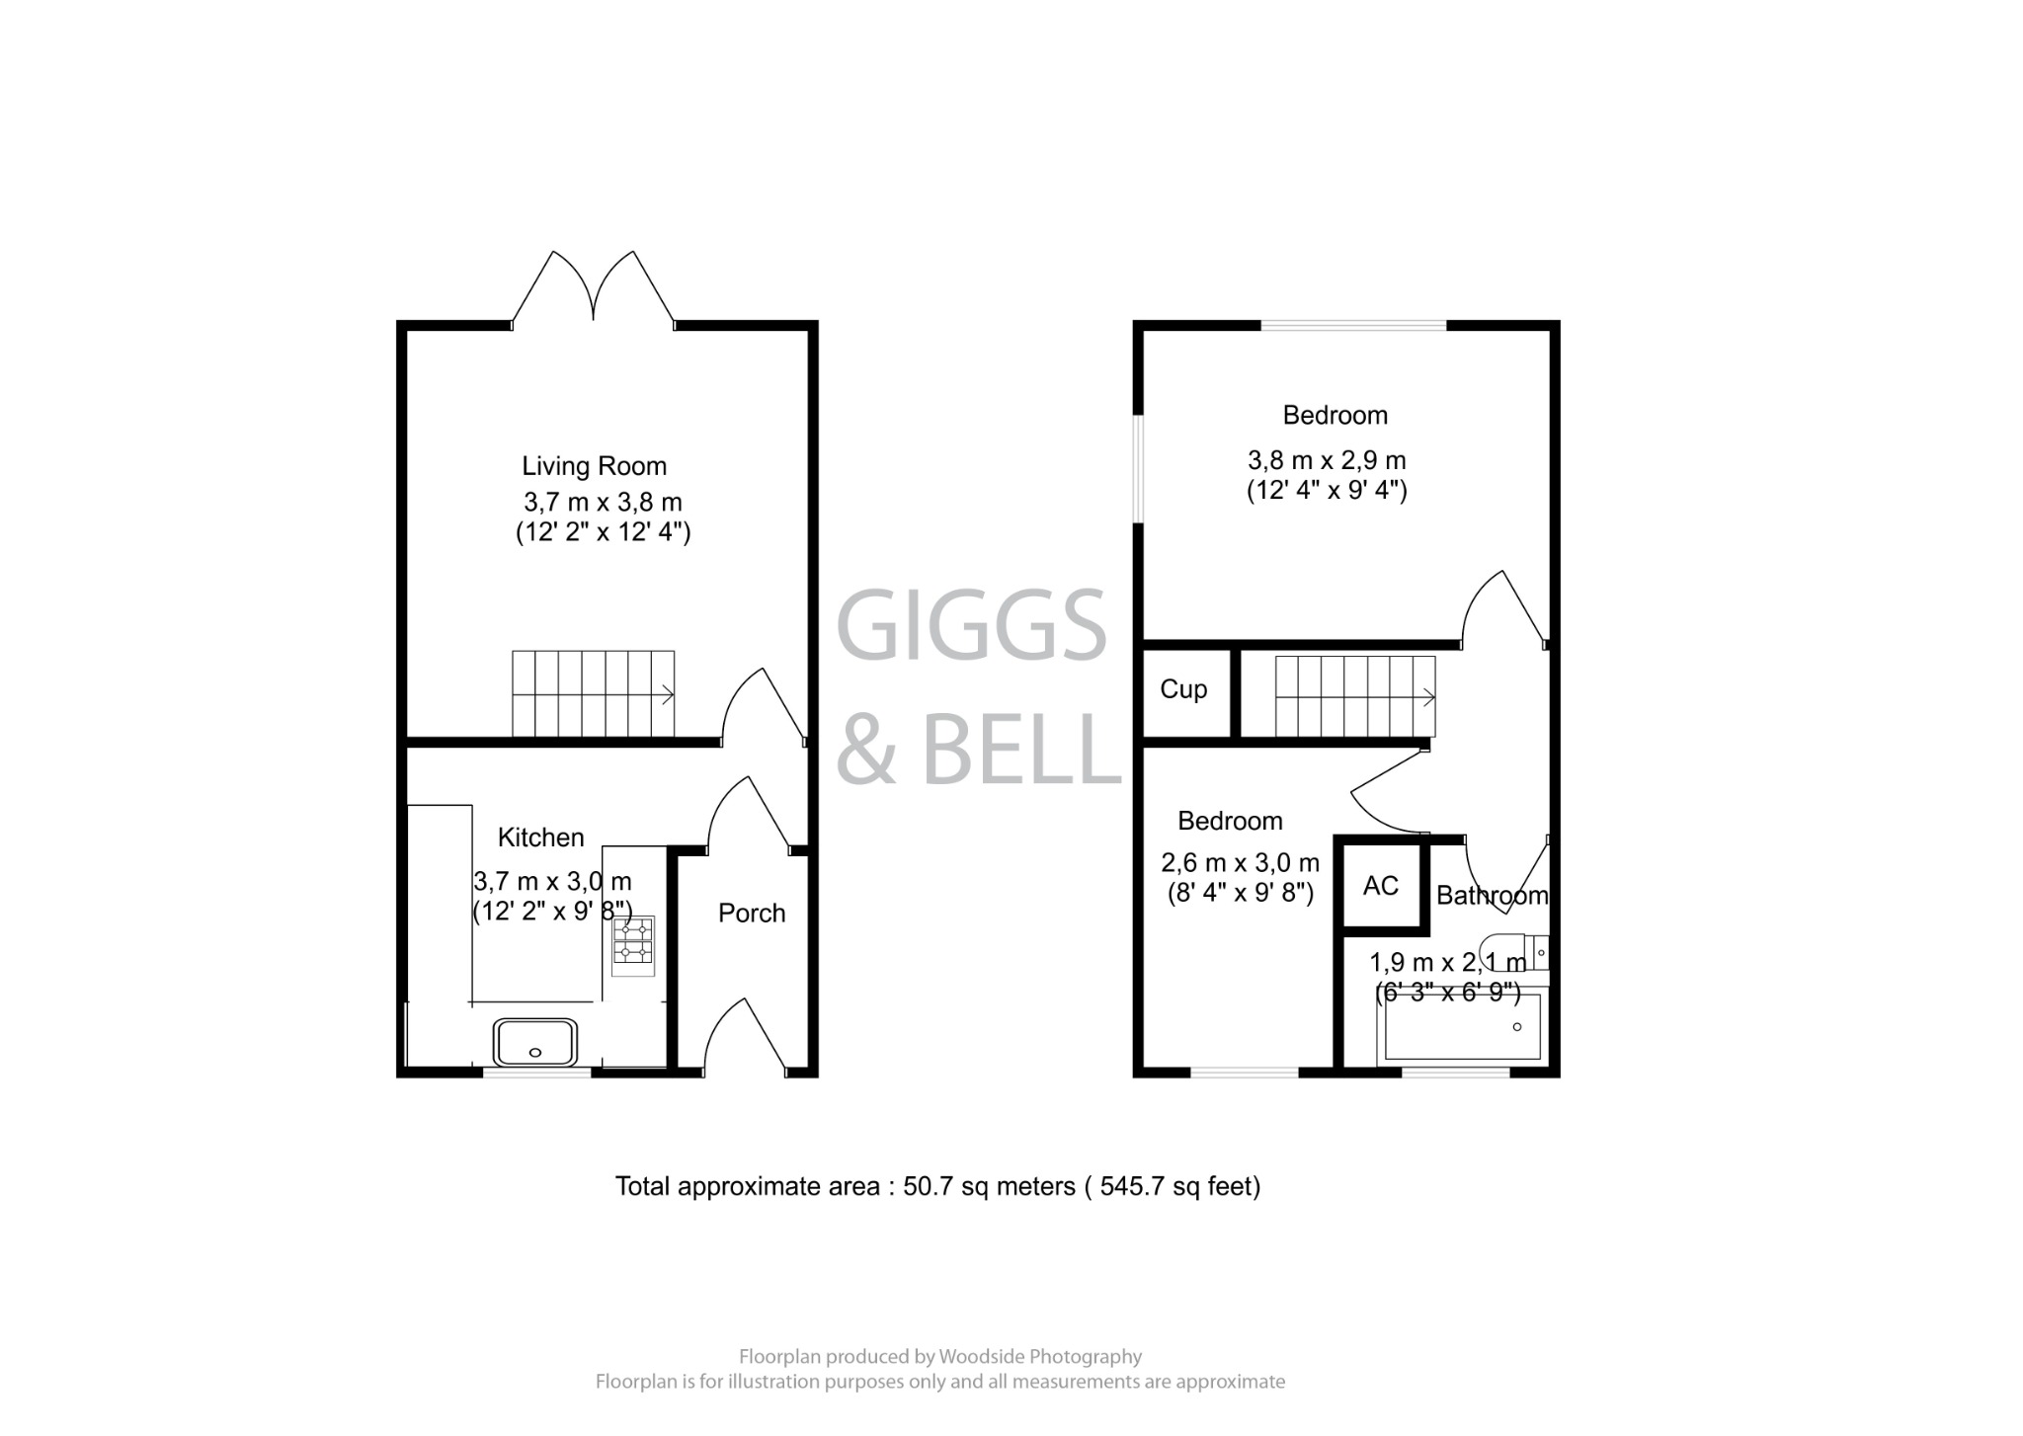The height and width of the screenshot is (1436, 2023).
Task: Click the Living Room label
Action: pyautogui.click(x=594, y=466)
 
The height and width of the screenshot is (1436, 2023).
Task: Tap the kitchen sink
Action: pyautogui.click(x=535, y=1042)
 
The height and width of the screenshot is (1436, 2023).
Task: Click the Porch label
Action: pyautogui.click(x=752, y=914)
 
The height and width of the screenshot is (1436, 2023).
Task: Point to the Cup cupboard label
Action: pyautogui.click(x=1183, y=689)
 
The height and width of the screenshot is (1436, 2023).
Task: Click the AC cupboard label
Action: pyautogui.click(x=1380, y=886)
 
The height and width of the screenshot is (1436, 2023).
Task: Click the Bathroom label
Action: pyautogui.click(x=1492, y=896)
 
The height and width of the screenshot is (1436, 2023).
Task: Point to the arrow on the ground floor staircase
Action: pyautogui.click(x=668, y=695)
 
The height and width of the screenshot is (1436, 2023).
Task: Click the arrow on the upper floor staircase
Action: pyautogui.click(x=1427, y=698)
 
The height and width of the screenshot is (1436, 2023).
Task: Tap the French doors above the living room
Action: pyautogui.click(x=594, y=286)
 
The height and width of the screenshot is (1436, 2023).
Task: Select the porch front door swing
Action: pyautogui.click(x=746, y=1037)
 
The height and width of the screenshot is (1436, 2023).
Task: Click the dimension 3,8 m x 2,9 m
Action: pyautogui.click(x=1327, y=461)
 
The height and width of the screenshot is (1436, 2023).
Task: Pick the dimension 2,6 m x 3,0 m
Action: pyautogui.click(x=1240, y=863)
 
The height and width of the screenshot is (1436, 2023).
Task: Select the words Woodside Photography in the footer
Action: pyautogui.click(x=1039, y=1357)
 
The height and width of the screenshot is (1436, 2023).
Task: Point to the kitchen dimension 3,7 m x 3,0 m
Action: pyautogui.click(x=552, y=881)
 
